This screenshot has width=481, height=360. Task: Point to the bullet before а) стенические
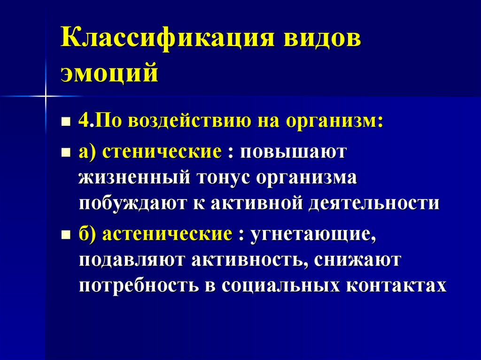66,153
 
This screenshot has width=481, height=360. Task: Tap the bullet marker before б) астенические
66,235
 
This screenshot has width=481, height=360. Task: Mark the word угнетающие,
313,233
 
